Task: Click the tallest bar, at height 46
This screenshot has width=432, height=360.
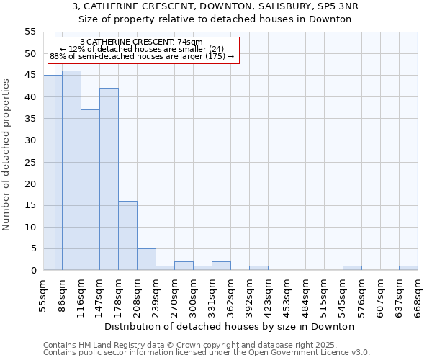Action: click(x=71, y=171)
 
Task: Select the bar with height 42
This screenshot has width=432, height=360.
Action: click(x=109, y=179)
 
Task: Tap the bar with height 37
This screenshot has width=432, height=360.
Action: click(x=90, y=190)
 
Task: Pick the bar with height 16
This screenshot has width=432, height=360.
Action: click(x=127, y=235)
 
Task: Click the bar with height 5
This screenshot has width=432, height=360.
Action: click(x=146, y=259)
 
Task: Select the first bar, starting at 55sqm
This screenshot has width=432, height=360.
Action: click(x=53, y=173)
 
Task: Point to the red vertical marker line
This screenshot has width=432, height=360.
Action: click(x=55, y=144)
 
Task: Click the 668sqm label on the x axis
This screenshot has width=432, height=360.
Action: click(x=418, y=295)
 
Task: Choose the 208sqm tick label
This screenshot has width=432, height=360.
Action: click(x=137, y=295)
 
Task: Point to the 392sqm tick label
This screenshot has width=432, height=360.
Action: click(x=249, y=295)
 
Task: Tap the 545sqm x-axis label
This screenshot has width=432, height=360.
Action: click(x=343, y=295)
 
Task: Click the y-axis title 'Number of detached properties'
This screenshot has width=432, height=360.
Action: click(x=7, y=155)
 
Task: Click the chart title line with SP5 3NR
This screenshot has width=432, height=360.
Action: click(x=215, y=6)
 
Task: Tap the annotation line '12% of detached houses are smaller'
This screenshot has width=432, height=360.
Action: click(x=142, y=49)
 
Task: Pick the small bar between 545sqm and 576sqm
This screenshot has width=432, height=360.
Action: click(x=352, y=268)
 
